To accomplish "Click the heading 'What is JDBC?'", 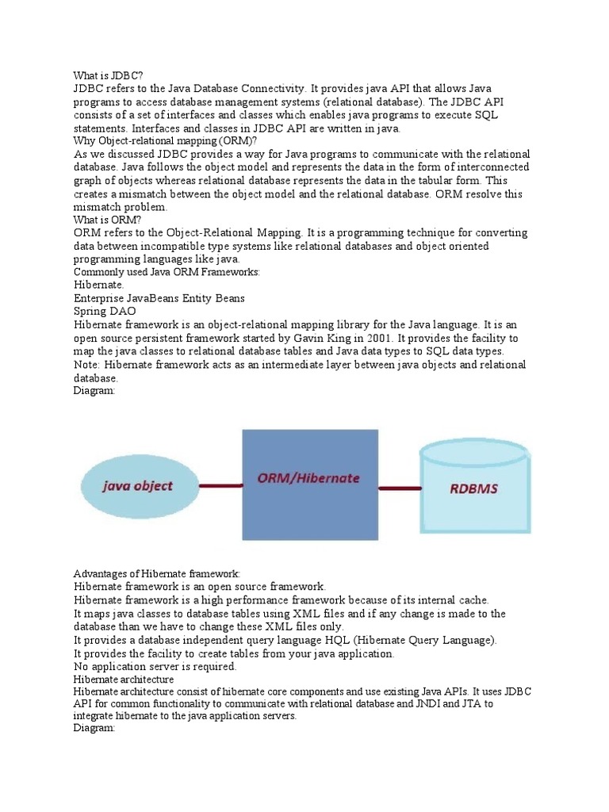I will pos(108,75).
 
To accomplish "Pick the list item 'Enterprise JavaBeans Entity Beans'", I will pos(159,298).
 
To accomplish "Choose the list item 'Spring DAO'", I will pos(105,312).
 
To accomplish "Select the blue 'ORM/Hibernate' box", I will pos(309,484).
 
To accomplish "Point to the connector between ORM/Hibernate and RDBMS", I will pos(398,487).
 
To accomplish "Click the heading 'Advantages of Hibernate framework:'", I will pos(156,573).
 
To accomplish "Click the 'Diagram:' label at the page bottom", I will pos(94,728).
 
